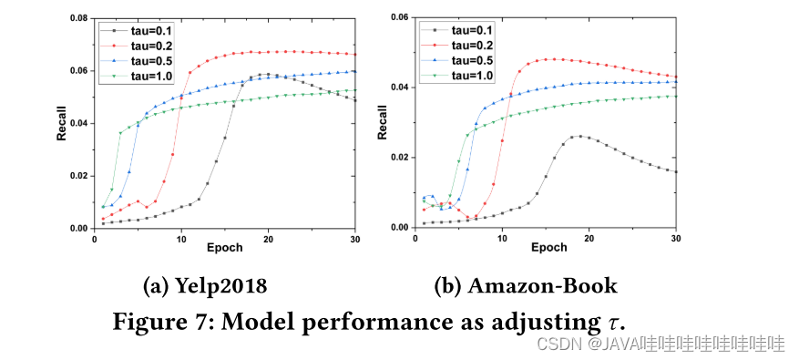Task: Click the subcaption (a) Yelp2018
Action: point(205,285)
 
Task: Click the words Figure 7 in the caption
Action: point(162,320)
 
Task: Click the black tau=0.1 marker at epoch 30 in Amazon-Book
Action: point(676,171)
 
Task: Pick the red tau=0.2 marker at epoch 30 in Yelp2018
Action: point(355,55)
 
